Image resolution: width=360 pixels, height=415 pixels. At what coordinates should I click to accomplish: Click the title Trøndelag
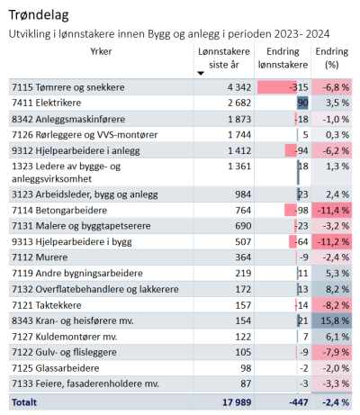[39, 15]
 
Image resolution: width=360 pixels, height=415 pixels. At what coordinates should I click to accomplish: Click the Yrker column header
[101, 51]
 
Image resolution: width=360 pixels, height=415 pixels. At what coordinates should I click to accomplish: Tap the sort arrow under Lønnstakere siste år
[201, 73]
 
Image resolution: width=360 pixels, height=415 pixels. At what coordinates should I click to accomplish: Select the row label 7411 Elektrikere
[47, 103]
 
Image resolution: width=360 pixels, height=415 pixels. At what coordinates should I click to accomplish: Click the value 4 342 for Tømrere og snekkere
[239, 87]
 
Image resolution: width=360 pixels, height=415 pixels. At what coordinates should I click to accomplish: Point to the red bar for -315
[277, 87]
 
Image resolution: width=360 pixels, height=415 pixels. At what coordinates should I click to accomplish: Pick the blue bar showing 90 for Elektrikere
[302, 103]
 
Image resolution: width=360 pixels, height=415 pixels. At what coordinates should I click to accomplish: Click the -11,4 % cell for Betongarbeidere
[332, 211]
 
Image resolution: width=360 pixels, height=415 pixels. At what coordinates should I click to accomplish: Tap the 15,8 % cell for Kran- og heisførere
[332, 320]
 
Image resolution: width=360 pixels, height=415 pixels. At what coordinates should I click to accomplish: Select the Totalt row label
[24, 402]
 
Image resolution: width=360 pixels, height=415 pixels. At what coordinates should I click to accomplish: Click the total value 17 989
[237, 402]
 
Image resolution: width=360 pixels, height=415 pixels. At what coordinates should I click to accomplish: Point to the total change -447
[299, 402]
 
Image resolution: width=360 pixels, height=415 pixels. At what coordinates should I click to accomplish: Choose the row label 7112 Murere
[40, 257]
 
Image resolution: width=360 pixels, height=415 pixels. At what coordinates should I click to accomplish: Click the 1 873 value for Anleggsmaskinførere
[239, 119]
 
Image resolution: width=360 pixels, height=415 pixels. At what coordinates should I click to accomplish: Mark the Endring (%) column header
[332, 58]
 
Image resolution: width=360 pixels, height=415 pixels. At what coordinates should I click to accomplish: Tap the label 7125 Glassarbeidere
[56, 368]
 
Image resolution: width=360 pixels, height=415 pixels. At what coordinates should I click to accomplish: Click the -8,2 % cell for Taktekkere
[332, 305]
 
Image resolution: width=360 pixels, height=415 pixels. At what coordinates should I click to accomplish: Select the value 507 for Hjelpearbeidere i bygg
[243, 242]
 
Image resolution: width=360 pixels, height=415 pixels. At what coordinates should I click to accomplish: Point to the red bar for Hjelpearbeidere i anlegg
[291, 150]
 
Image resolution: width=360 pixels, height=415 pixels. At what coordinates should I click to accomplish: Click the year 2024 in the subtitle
[318, 34]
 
